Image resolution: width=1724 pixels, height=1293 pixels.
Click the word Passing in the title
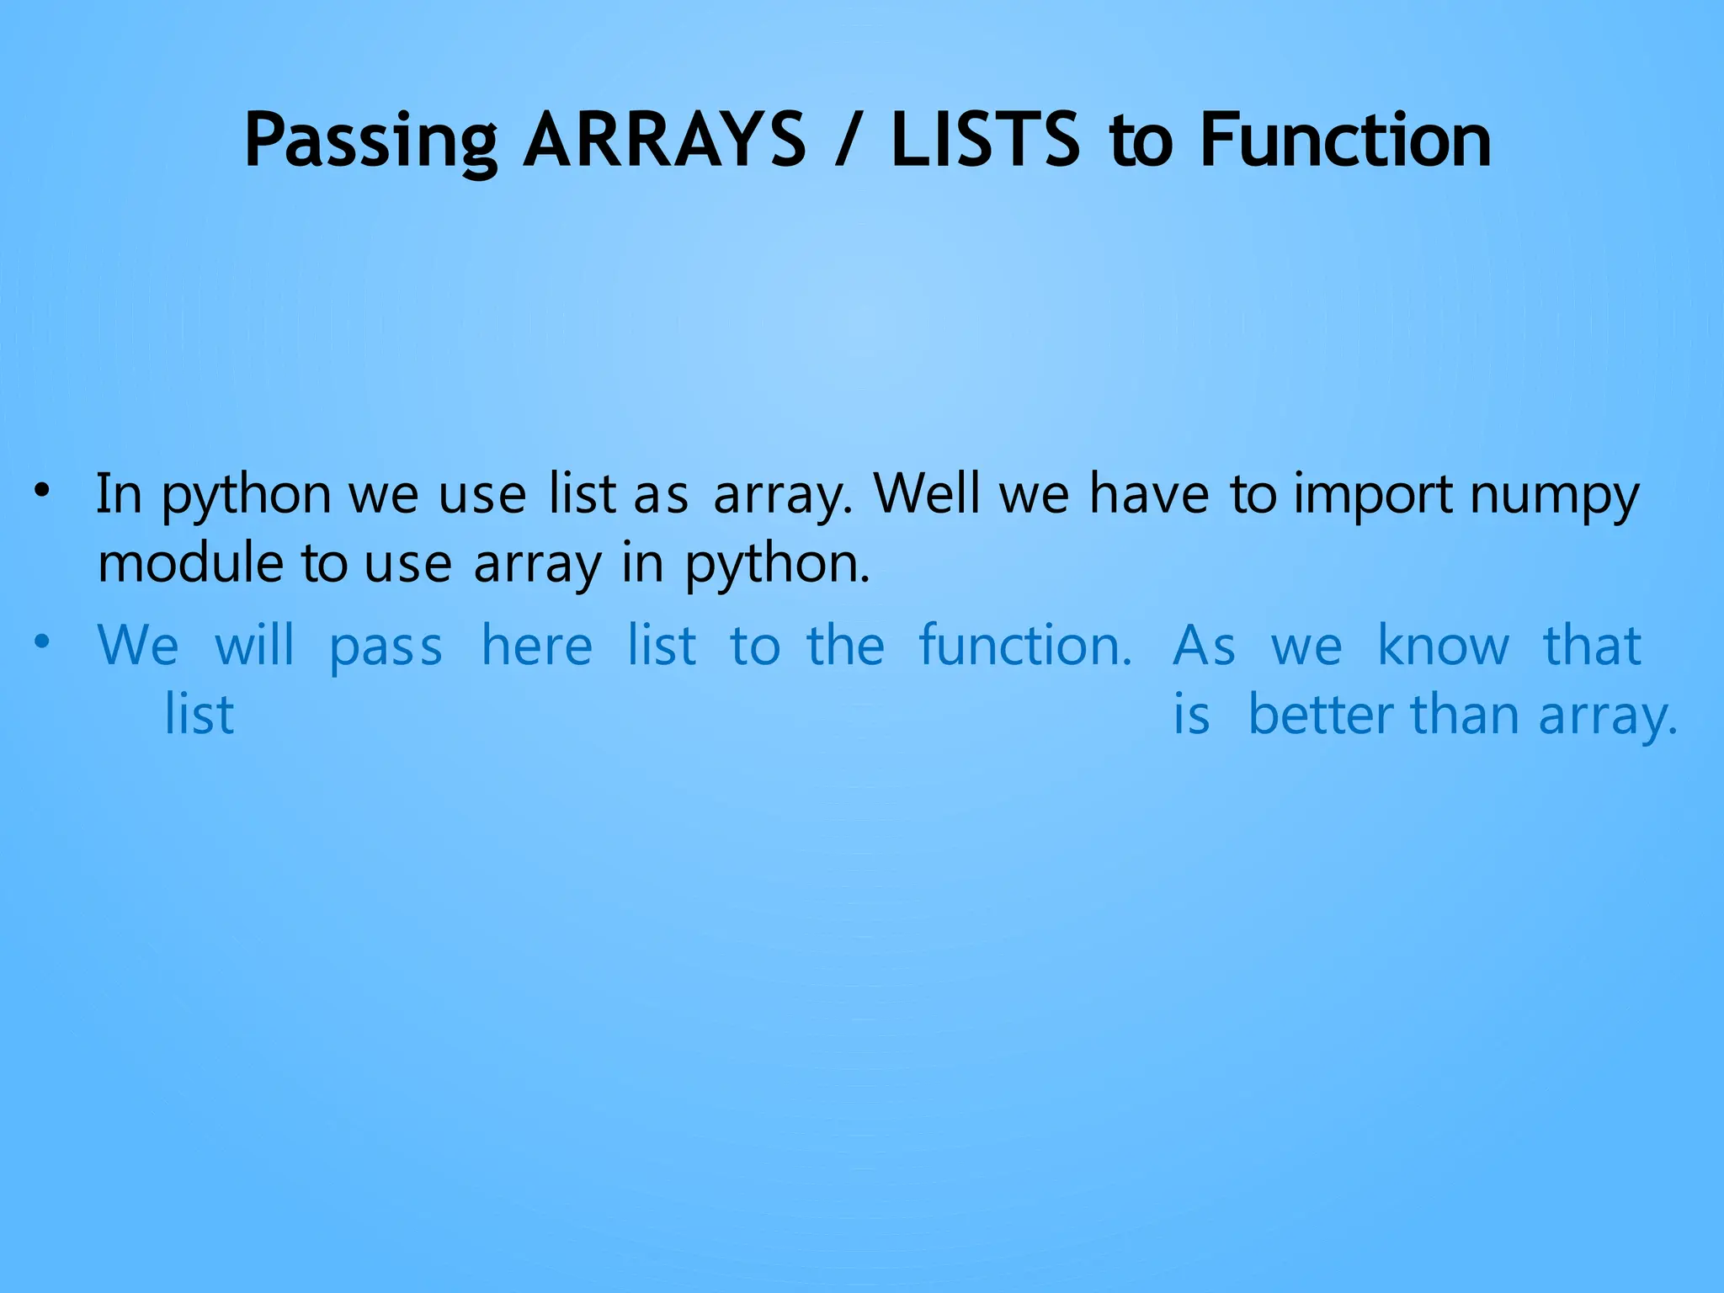[370, 141]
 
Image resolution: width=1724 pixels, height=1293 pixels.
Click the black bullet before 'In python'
[43, 491]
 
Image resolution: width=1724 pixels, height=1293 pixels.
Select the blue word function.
[1024, 646]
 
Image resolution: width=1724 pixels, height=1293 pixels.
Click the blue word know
[1443, 646]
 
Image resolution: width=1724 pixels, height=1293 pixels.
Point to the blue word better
[1320, 715]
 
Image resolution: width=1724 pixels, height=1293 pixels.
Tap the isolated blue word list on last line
[199, 715]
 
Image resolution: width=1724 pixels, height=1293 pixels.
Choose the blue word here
[537, 646]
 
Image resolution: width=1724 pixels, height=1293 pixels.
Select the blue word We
[138, 646]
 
